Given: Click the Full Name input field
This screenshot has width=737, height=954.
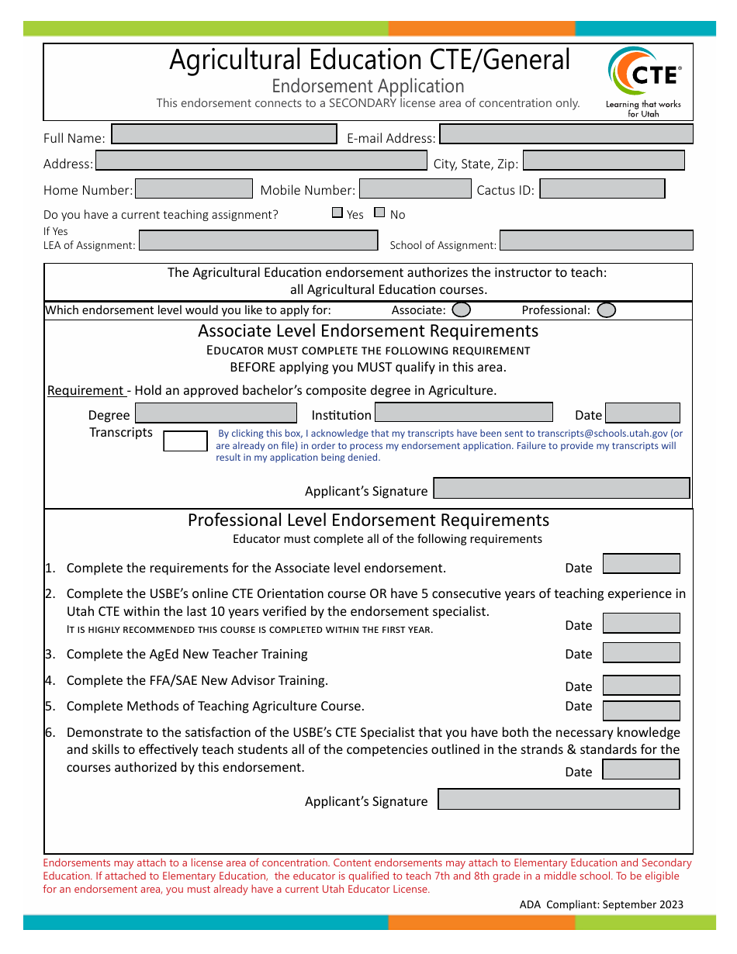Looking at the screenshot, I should [x=224, y=134].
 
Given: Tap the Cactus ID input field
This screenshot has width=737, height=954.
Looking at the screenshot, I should [x=602, y=188].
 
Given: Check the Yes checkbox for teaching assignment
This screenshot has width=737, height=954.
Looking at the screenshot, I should [x=337, y=213].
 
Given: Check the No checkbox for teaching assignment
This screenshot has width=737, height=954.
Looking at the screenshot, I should [x=379, y=213].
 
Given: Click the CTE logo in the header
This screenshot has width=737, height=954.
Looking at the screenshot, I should [x=643, y=81].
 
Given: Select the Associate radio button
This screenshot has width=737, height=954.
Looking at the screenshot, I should [x=461, y=310].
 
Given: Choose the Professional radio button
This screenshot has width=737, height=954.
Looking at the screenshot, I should [x=607, y=310].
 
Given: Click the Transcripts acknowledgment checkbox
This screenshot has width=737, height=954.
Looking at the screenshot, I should [x=185, y=441].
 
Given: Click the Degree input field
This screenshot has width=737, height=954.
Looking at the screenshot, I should [x=216, y=413].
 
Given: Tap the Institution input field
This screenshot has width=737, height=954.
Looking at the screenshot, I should [x=464, y=413].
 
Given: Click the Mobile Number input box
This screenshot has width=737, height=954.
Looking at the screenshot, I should [x=415, y=188].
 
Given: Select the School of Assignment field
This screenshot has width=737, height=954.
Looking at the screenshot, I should [x=596, y=240].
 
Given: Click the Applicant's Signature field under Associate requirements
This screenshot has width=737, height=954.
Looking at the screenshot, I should [x=561, y=488].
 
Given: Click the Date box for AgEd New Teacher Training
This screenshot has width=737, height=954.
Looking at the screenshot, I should [x=641, y=652].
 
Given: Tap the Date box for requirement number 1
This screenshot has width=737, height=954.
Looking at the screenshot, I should [x=641, y=564].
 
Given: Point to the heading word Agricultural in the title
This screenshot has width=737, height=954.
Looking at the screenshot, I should [x=234, y=60].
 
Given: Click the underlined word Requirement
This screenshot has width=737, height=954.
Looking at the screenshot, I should [x=85, y=390].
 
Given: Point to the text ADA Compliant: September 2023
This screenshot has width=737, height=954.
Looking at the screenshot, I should [x=601, y=904].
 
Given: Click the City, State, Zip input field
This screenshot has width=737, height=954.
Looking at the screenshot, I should [x=604, y=161].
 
